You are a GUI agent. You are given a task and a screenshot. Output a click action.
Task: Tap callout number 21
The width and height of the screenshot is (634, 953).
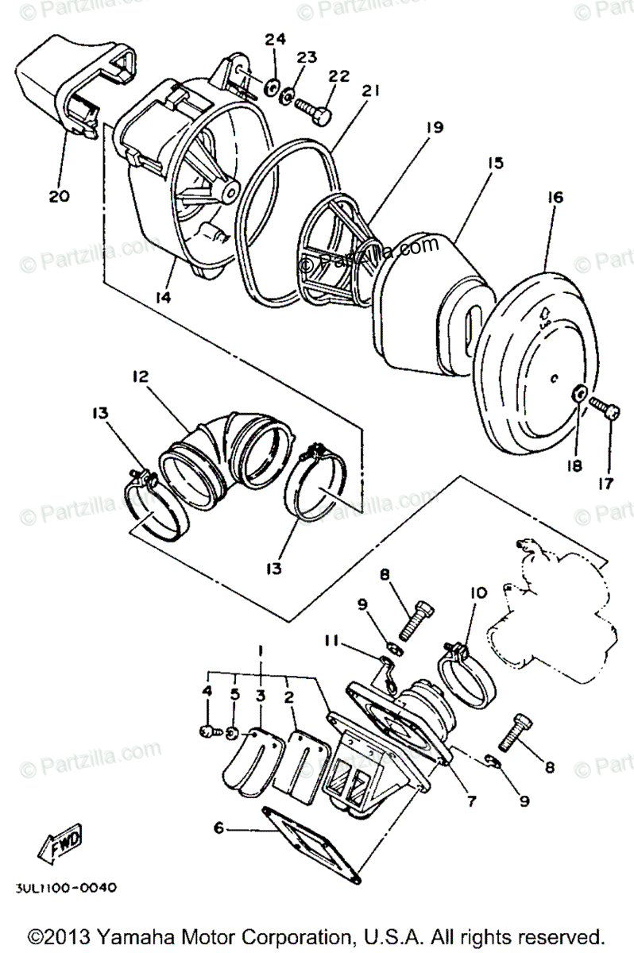[367, 94]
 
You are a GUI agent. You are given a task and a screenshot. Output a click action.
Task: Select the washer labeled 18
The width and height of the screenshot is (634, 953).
[580, 393]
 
